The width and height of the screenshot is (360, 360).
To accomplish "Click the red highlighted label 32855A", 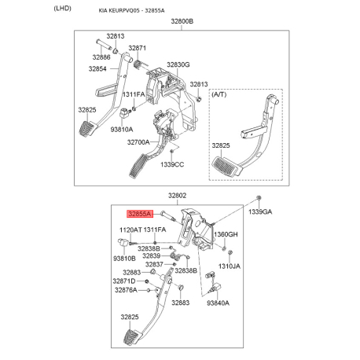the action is (140, 214).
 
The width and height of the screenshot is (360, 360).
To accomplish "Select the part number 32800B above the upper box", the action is (182, 21).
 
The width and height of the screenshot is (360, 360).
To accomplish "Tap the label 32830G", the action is (178, 64).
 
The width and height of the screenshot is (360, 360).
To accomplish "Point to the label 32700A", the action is (138, 142).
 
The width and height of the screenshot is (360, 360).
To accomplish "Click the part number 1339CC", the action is (172, 164).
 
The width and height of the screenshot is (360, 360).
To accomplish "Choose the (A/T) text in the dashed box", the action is (219, 94).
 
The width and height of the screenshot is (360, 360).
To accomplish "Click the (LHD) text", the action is (62, 9).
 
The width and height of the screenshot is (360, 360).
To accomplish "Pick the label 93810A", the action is (122, 130).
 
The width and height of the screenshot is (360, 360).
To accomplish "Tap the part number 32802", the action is (177, 196).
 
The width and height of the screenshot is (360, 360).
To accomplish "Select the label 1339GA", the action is (260, 211).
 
